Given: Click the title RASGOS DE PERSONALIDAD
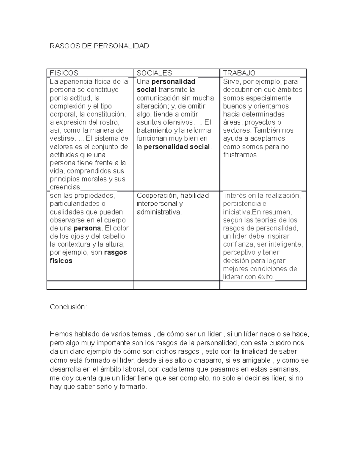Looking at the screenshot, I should [x=99, y=46].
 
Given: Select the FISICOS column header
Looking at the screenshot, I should [x=64, y=73].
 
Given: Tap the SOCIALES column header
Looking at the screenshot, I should [x=154, y=73].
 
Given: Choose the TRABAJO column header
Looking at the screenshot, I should [x=239, y=73].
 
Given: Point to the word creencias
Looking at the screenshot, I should [x=65, y=187].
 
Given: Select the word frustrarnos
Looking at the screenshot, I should [x=240, y=155].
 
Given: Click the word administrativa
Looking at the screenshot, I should [x=159, y=212].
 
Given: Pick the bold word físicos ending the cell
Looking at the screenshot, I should [x=61, y=261].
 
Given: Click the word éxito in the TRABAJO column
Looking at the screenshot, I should [x=265, y=277].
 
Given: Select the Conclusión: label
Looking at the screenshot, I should [x=68, y=307].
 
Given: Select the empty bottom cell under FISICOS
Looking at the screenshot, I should [x=90, y=285].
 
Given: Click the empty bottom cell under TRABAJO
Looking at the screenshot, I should [x=263, y=285].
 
